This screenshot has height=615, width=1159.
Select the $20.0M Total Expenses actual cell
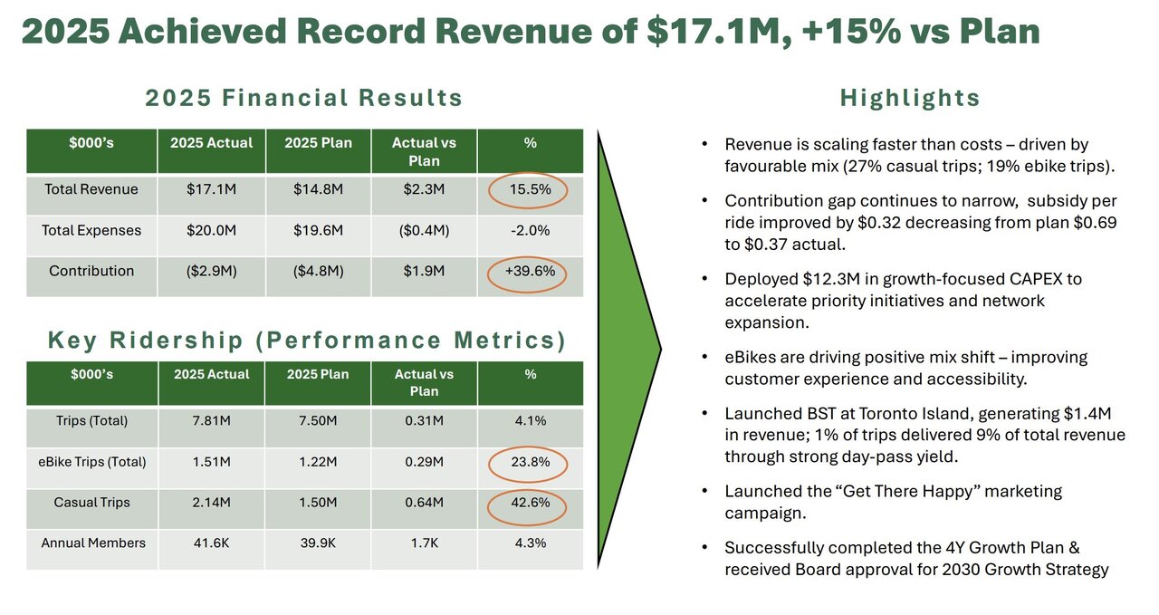pos(211,231)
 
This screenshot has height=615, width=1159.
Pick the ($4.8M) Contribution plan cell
pos(318,272)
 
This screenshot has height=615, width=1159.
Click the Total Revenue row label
pos(91,190)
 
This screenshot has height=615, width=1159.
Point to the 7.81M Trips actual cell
pos(211,421)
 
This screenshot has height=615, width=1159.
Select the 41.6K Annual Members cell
pos(211,543)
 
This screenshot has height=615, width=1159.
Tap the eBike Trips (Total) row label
pos(91,463)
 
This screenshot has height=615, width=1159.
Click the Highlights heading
pos(910,98)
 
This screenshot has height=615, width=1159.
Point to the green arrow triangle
pos(625,349)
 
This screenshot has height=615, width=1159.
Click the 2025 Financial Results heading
pos(304,98)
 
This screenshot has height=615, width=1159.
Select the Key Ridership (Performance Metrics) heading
pos(307,341)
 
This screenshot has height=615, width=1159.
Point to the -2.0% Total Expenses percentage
pos(530,231)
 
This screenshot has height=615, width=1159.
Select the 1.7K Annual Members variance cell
pos(424,543)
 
